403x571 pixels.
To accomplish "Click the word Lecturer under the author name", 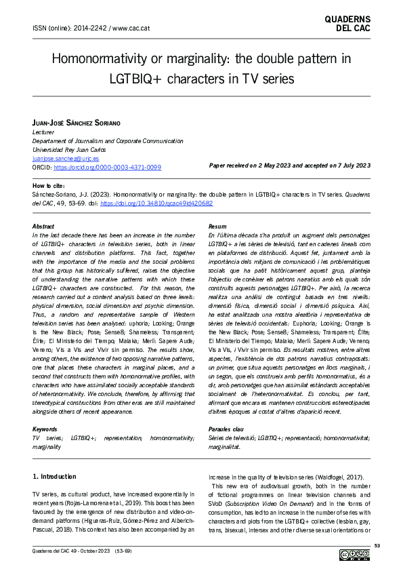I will [x=45, y=132].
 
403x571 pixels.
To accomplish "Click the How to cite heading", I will [x=51, y=186].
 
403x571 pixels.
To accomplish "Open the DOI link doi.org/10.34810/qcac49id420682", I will [x=174, y=203].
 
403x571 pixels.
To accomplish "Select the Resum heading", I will [x=218, y=226].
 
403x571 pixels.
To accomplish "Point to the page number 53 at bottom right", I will [x=377, y=546].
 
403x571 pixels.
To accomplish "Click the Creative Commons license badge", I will [x=354, y=556].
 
